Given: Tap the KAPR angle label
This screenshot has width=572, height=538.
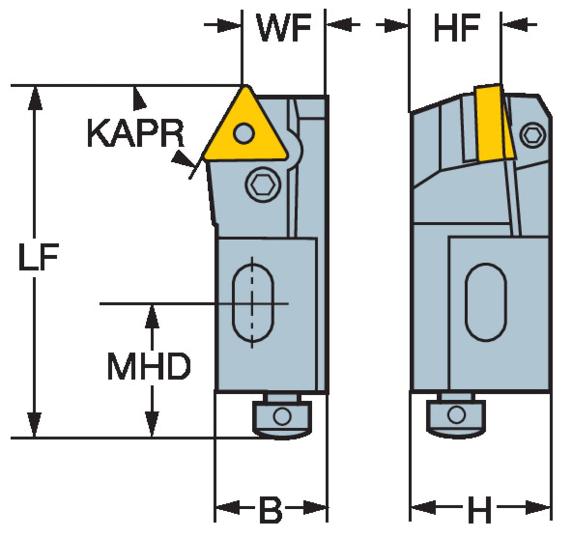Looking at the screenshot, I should point(135,133).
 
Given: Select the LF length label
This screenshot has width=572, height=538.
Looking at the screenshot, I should point(38,257).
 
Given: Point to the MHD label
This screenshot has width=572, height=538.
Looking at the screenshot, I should point(149,366).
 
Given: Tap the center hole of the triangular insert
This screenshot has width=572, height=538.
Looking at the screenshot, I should point(244,133).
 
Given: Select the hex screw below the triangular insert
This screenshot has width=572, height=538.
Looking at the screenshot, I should point(263,185).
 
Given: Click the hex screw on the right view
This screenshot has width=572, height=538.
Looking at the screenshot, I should point(533,135).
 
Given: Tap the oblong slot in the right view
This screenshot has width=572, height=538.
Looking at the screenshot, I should point(485,302).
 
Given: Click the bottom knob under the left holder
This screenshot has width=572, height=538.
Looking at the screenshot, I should point(282,418).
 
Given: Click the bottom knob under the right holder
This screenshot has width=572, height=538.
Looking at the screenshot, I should point(456,416).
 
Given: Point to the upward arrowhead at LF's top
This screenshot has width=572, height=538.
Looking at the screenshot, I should point(35,97).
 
